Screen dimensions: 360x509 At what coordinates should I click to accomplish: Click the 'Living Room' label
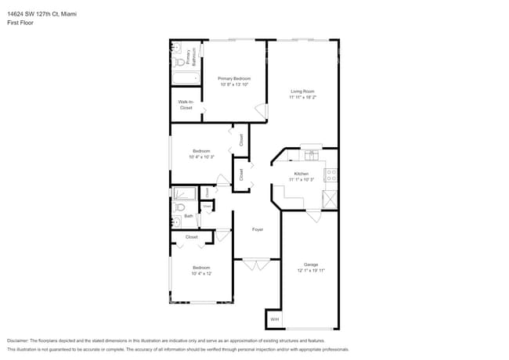(301, 92)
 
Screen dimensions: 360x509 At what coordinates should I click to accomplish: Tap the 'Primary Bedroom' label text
(234, 78)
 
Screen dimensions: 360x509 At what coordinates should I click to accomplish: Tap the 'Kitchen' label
(301, 174)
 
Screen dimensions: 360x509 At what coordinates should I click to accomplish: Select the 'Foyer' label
(257, 229)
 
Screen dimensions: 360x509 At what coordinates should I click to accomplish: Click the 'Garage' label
(311, 265)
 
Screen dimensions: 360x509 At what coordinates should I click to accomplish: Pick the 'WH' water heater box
(274, 320)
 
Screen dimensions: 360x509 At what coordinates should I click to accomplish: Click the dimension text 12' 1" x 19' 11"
(311, 271)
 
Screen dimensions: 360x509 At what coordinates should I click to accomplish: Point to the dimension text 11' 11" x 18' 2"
(301, 98)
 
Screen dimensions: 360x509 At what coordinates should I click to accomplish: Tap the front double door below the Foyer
(257, 265)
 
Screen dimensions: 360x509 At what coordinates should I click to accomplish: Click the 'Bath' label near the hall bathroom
(189, 216)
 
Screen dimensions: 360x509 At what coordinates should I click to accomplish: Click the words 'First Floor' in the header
(19, 23)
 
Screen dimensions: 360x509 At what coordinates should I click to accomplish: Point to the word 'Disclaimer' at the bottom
(20, 341)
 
